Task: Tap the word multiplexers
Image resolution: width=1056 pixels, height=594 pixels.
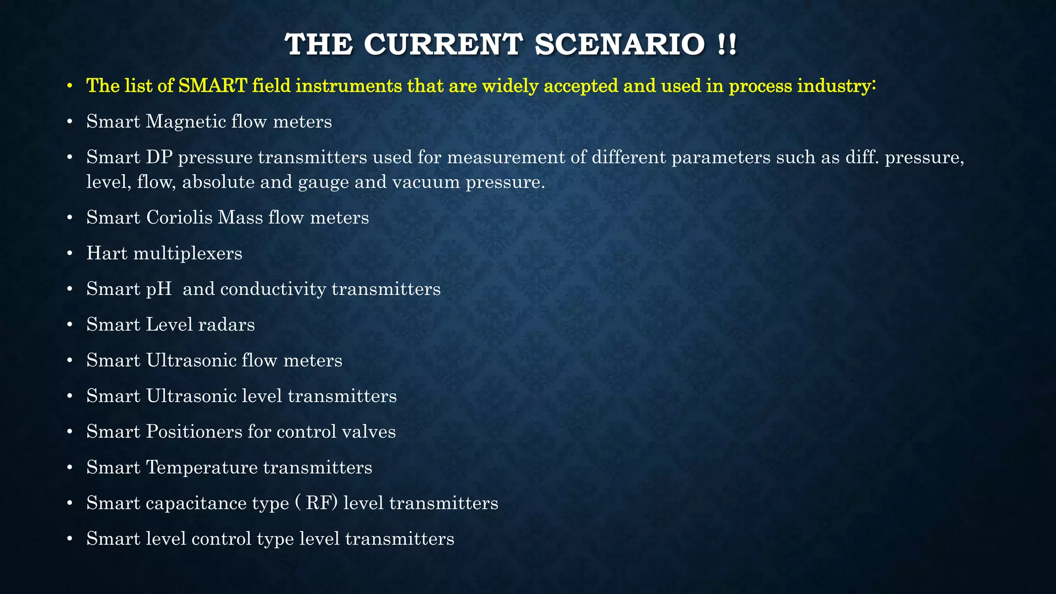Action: (x=188, y=253)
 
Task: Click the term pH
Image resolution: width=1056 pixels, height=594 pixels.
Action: (x=159, y=289)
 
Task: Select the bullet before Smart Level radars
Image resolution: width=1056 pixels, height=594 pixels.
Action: (x=70, y=325)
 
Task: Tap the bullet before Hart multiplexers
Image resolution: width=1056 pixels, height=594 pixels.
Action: (x=70, y=254)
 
